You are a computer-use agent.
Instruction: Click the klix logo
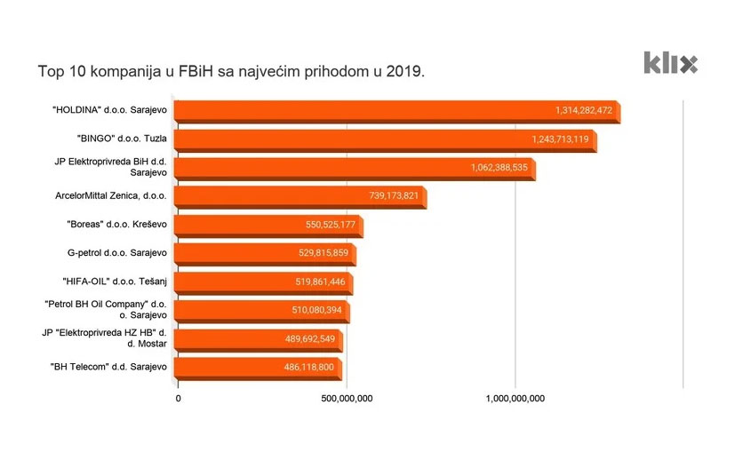[x=670, y=63]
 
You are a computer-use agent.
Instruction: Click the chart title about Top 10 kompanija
[x=230, y=69]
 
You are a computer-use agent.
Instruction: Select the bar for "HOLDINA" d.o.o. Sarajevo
[x=395, y=111]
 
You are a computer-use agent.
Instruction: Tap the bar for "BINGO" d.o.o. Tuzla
[x=384, y=139]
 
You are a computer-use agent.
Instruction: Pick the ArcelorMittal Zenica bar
[x=300, y=196]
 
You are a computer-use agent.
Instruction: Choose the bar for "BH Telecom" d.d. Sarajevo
[x=257, y=367]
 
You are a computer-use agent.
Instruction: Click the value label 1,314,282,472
[x=584, y=111]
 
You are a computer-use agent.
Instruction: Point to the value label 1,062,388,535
[x=499, y=168]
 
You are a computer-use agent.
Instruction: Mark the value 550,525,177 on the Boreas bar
[x=331, y=225]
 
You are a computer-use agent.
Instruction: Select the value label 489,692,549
[x=310, y=338]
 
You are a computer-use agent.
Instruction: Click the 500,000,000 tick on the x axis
[x=345, y=399]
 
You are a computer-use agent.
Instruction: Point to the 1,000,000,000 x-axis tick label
[x=515, y=399]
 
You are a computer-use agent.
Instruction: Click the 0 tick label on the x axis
[x=179, y=399]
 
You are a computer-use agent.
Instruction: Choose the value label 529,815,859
[x=324, y=254]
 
